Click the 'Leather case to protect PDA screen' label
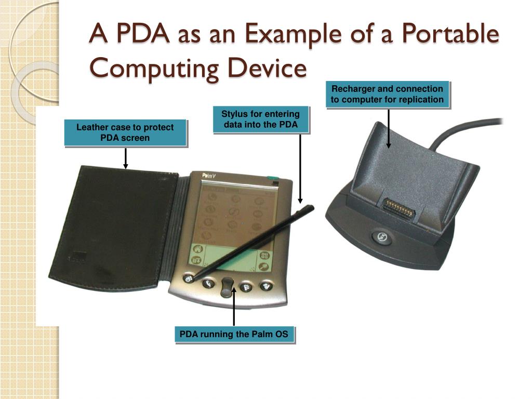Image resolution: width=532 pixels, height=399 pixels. pos(125,132)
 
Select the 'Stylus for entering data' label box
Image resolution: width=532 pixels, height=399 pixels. pos(260,119)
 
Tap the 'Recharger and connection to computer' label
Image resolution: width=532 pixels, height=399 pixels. pos(387,94)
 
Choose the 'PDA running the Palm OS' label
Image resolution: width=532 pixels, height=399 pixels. pos(234,334)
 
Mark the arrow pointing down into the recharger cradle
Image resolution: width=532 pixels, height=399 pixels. pos(388,128)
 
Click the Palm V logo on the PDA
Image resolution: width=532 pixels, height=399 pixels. pos(209,177)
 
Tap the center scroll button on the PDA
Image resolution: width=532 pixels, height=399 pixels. pos(227,287)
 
